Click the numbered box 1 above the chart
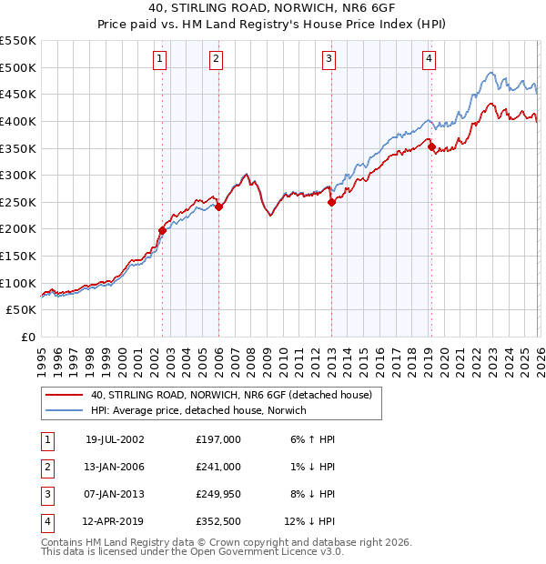point(159,60)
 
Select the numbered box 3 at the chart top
point(329,60)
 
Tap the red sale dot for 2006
point(218,206)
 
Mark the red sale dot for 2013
point(331,203)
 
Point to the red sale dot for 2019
point(431,147)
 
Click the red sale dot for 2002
point(163,230)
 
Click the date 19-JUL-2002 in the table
point(115,438)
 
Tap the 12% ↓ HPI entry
point(309,522)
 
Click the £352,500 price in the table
point(217,522)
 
